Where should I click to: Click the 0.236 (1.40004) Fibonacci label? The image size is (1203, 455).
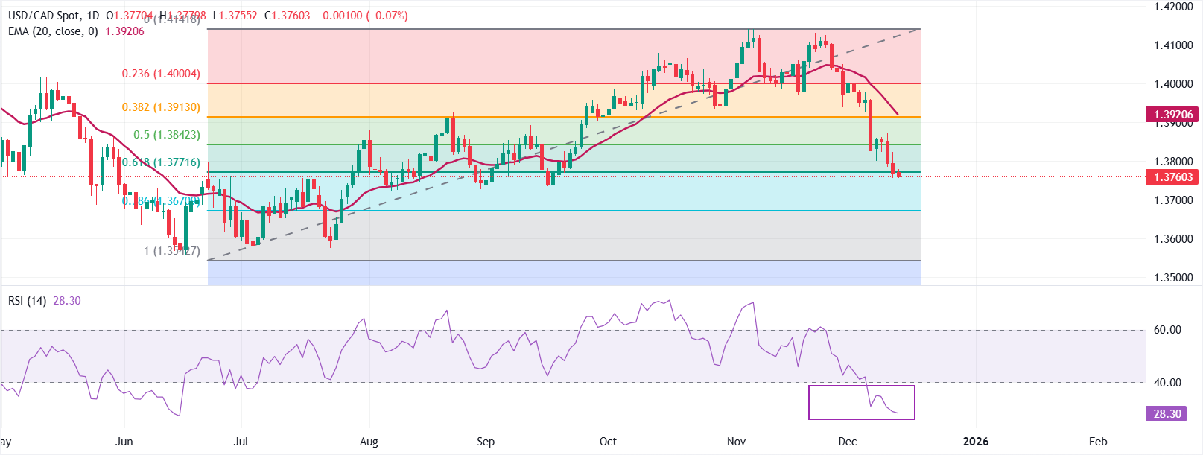point(161,74)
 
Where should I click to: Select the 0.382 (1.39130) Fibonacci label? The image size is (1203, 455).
point(161,107)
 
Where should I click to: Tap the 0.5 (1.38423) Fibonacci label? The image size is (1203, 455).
point(167,135)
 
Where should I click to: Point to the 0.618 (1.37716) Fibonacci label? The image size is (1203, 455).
point(161,162)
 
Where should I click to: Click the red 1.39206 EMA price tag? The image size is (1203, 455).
point(1173,115)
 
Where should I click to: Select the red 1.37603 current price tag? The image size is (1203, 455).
point(1173,177)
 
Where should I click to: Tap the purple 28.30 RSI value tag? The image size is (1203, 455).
point(1167,414)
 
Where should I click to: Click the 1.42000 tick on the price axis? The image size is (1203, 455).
point(1173,7)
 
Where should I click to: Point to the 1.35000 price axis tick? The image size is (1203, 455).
point(1173,278)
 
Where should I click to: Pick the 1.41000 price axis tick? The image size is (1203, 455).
point(1173,45)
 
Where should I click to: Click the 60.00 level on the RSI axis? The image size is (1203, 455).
point(1167,330)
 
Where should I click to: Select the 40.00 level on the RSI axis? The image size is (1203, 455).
point(1167,383)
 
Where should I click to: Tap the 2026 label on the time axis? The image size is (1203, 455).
point(975,442)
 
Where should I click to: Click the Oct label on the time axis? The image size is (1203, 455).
point(608,442)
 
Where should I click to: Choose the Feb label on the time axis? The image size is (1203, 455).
point(1097,442)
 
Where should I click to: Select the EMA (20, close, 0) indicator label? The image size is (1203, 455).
point(53,31)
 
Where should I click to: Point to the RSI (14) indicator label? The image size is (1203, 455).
point(27,301)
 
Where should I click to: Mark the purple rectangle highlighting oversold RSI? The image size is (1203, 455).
point(861,402)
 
